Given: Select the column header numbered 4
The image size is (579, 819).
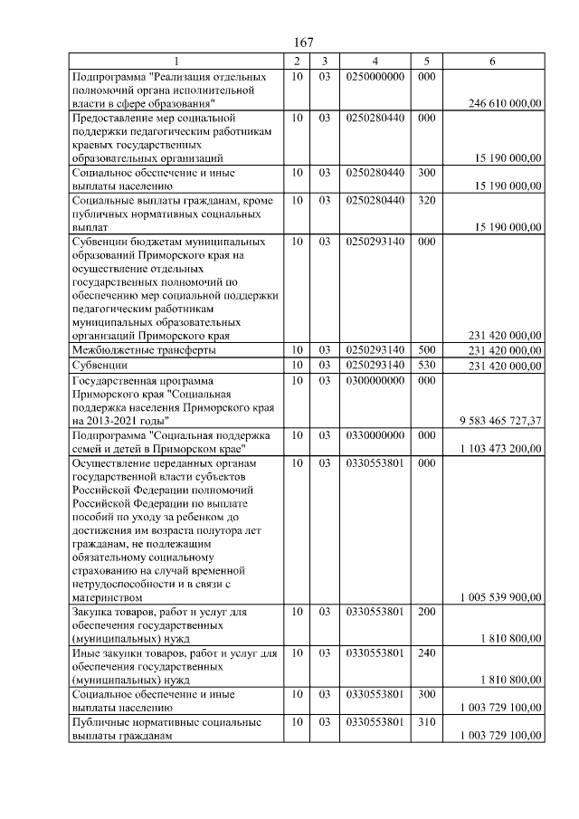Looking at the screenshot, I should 374,61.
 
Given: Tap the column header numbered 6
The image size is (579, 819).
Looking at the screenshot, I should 491,61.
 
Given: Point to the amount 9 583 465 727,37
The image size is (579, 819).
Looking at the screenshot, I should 499,420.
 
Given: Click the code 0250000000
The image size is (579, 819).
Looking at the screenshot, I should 374,77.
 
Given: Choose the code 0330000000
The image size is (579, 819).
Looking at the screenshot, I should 374,434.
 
